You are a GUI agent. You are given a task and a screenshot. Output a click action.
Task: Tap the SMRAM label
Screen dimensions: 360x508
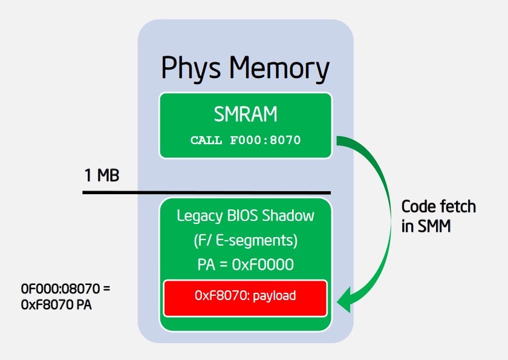(x=245, y=114)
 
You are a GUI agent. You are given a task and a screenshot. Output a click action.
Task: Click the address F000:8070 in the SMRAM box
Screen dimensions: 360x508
(x=264, y=140)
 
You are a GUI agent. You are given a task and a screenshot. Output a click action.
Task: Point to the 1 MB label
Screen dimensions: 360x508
(x=102, y=177)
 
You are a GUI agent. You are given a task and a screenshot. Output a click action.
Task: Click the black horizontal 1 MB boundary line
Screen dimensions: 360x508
(x=206, y=193)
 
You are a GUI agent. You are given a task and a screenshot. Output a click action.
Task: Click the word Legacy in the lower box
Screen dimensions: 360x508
(x=197, y=215)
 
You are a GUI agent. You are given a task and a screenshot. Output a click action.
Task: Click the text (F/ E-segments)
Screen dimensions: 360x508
(x=245, y=240)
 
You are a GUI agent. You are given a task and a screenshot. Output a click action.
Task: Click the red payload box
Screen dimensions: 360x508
(x=245, y=298)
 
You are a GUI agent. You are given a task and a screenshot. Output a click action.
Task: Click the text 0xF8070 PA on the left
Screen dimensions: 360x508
(x=56, y=305)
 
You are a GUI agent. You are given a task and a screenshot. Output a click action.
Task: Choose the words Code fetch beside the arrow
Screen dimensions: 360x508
(x=438, y=207)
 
